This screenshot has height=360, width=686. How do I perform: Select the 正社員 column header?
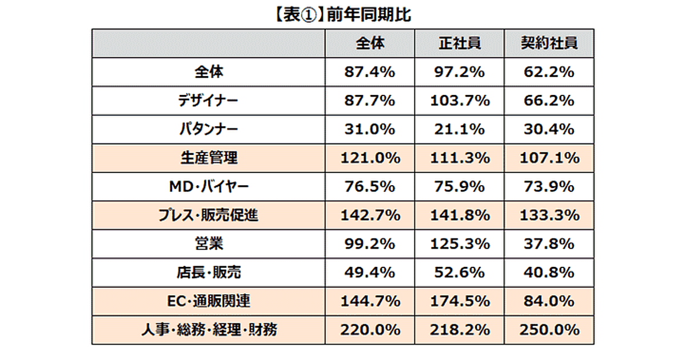click(461, 43)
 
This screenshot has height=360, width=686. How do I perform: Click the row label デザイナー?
click(208, 101)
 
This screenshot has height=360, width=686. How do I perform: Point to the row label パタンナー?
click(208, 130)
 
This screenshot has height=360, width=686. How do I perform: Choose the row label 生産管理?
click(208, 158)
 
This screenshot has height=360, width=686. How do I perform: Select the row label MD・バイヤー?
click(208, 187)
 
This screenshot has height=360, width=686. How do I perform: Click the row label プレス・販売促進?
click(208, 215)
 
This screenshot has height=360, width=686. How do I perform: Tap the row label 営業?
click(208, 244)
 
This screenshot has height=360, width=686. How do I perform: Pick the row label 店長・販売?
click(208, 273)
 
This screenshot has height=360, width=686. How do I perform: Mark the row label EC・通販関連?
click(208, 301)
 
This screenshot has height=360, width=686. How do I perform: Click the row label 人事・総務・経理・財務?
click(208, 330)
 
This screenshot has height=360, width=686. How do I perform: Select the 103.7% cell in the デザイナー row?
click(461, 101)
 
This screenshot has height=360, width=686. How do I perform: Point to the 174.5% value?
click(461, 301)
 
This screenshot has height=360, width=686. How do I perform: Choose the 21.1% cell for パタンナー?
click(461, 130)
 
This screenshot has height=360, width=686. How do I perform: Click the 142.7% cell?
click(370, 215)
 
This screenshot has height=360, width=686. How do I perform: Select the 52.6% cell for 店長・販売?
click(461, 273)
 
